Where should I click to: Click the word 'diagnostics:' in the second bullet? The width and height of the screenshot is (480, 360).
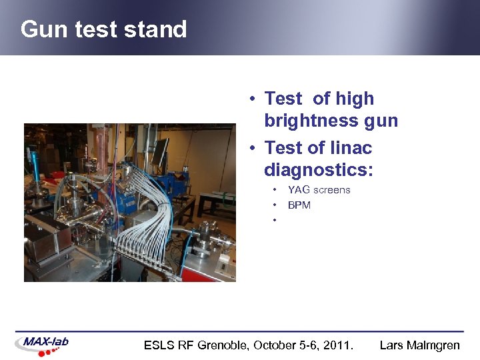pos(318,170)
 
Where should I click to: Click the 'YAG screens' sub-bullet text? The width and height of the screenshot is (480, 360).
pos(319,190)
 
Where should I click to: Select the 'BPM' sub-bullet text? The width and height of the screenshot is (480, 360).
pos(299,205)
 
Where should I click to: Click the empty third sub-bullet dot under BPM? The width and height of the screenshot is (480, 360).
pos(274,220)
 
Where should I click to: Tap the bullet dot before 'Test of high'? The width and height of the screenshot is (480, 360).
pos(254,99)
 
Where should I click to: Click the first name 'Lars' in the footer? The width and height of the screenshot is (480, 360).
pos(391,345)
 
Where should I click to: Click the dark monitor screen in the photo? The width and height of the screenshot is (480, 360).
pos(160,150)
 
